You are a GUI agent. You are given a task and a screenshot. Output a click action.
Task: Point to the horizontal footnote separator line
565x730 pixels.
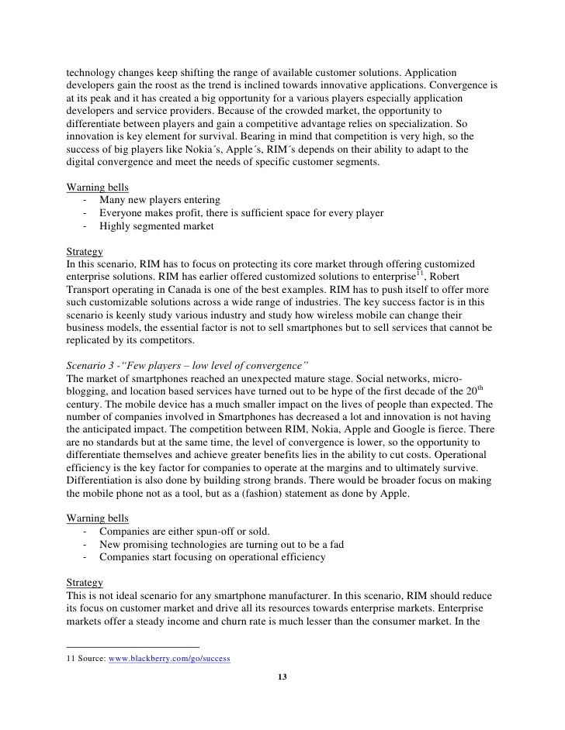coord(133,646)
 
